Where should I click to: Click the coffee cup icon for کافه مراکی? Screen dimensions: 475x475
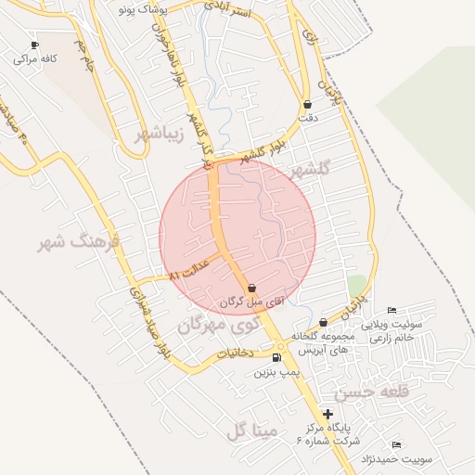[x=35, y=45]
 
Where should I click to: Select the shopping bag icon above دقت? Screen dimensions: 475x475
[x=308, y=104]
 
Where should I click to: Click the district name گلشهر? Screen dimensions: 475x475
[x=310, y=171]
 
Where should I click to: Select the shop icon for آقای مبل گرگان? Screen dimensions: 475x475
[x=253, y=289]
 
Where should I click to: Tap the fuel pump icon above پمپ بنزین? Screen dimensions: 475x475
[x=276, y=357]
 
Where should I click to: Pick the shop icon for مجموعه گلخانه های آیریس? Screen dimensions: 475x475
[x=323, y=322]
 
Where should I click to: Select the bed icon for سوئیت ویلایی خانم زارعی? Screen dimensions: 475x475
[x=392, y=311]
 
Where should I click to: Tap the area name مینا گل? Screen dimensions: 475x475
[x=247, y=430]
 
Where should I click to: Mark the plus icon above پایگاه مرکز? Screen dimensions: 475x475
[x=327, y=414]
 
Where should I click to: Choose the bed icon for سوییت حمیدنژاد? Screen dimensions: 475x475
[x=397, y=445]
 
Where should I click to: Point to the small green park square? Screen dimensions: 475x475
[x=356, y=283]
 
